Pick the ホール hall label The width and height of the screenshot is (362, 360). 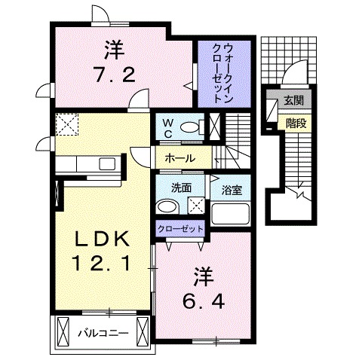[x=180, y=158]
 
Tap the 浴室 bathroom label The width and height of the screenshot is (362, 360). [x=232, y=191]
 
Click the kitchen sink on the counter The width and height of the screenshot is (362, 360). [x=106, y=163]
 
